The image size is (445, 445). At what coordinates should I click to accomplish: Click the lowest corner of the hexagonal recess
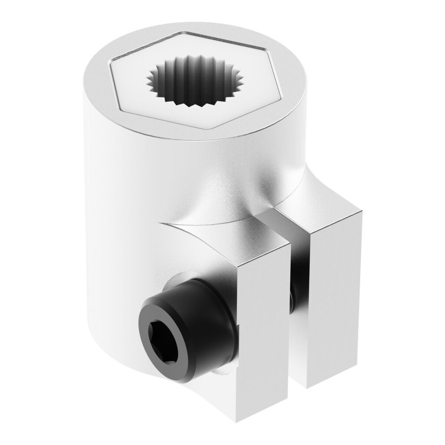pyautogui.click(x=216, y=129)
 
